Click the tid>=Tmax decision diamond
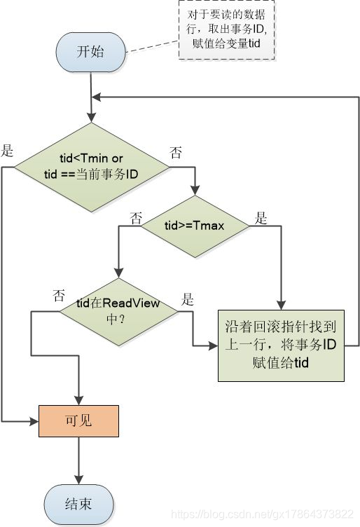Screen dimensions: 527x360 [x=195, y=225]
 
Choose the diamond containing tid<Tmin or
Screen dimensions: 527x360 [x=92, y=166]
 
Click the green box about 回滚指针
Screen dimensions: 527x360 [x=280, y=345]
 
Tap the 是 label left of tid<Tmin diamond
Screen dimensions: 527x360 [x=8, y=150]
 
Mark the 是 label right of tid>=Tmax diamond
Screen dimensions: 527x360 [x=261, y=217]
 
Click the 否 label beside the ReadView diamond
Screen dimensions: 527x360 [x=59, y=295]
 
